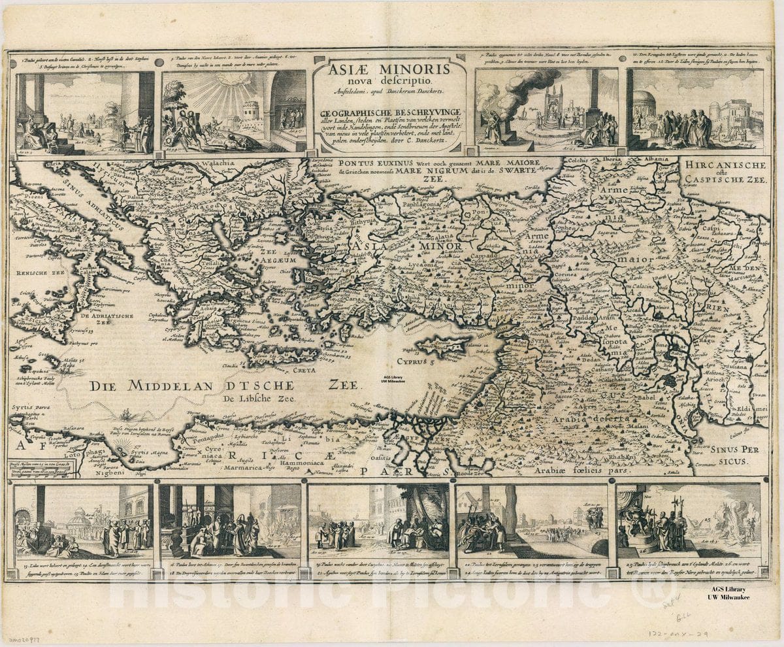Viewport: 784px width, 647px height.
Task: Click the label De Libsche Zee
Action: tap(259, 397)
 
